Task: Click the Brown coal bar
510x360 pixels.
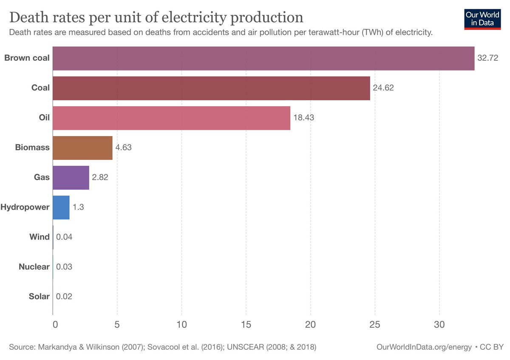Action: point(263,58)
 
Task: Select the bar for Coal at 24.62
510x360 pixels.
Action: point(211,88)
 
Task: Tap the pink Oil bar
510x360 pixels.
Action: point(171,118)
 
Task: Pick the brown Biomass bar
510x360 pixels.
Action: point(82,148)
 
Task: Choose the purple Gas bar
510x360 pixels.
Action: point(71,178)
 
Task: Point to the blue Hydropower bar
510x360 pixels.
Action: point(61,207)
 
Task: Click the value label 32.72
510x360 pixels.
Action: point(487,58)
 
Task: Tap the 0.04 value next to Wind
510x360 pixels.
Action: point(64,237)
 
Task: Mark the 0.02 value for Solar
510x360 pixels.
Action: point(64,297)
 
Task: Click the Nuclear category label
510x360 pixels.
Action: point(34,267)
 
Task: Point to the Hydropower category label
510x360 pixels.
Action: point(25,207)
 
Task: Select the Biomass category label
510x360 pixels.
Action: point(32,148)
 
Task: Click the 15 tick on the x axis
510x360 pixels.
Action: point(246,325)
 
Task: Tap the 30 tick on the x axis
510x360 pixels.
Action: point(439,325)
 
